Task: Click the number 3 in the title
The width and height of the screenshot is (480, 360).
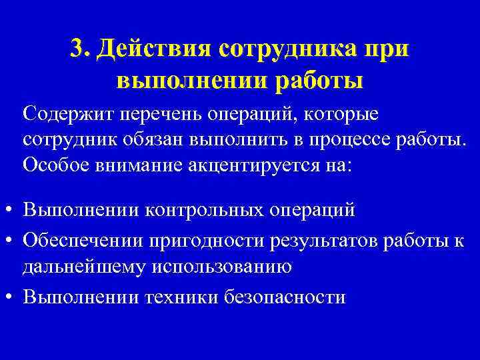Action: (x=77, y=49)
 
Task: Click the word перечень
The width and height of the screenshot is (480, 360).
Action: (x=163, y=115)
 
